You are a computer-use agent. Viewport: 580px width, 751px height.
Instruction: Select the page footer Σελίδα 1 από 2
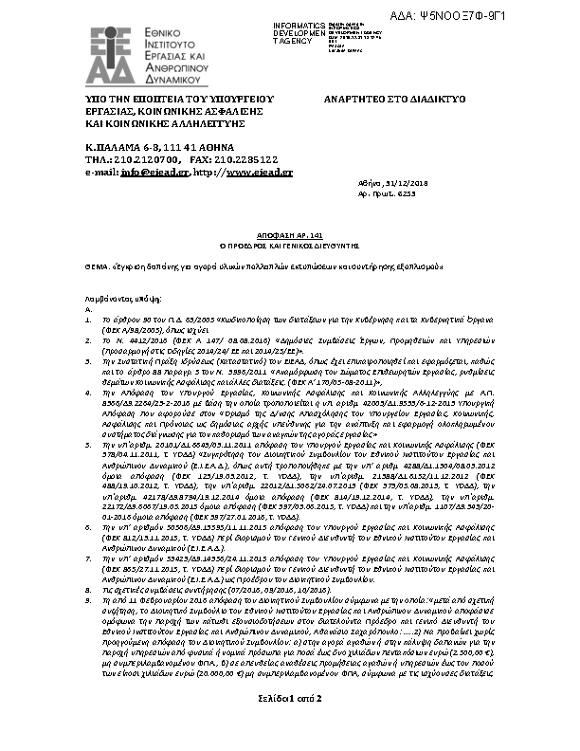[290, 725]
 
